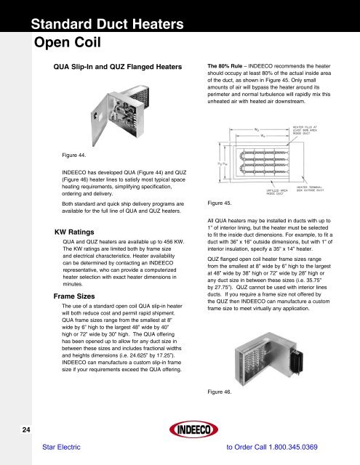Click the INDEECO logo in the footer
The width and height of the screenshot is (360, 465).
pos(179,424)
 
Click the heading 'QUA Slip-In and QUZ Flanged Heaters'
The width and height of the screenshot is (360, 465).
pos(113,66)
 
